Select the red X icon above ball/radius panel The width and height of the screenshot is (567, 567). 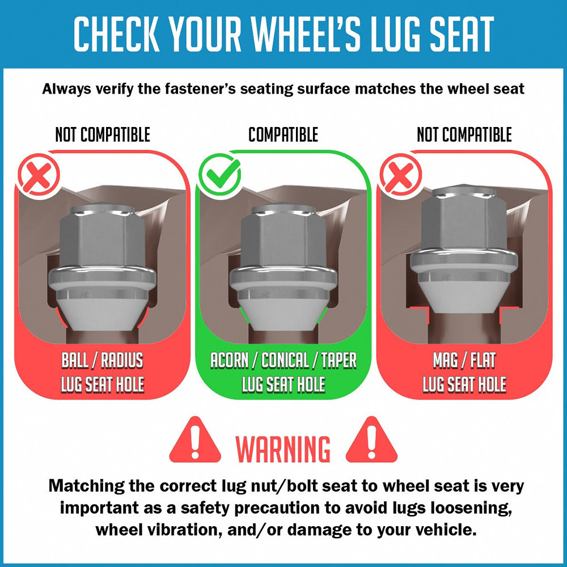39,175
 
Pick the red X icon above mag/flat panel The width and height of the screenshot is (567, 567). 400,175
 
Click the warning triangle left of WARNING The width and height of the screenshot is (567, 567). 195,440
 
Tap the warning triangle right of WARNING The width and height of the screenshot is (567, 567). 371,440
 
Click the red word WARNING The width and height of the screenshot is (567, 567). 283,448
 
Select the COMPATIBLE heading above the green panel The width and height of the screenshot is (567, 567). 283,134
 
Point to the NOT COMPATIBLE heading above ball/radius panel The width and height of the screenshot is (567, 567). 103,134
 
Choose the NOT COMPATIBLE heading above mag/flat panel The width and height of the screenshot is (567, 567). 464,134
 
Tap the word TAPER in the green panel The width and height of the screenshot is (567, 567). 339,360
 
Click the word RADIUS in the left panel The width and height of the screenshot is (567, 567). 122,360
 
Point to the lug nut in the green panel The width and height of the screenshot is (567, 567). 283,267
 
